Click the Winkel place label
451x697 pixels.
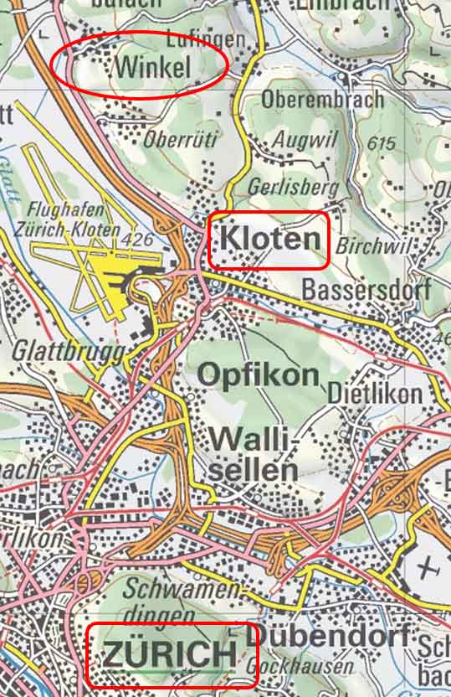(155, 67)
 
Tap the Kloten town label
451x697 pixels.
(269, 240)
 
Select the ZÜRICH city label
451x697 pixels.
(170, 654)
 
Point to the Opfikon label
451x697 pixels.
(259, 374)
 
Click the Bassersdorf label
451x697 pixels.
(366, 291)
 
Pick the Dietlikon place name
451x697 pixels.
(364, 393)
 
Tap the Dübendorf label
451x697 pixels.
(331, 635)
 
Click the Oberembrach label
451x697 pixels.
(322, 100)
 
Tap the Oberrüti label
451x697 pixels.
(181, 139)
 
